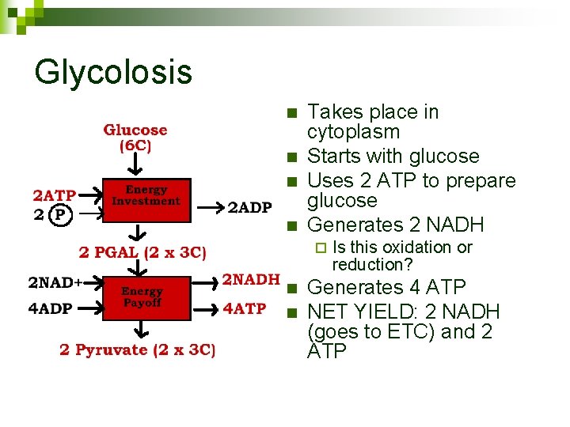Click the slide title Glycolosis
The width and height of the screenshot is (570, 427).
point(113,72)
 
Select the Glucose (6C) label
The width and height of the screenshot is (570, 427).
point(135,138)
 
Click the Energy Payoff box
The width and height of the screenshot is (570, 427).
point(142,297)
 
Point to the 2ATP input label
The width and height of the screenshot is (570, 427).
point(54,195)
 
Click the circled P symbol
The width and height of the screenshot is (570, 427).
point(58,213)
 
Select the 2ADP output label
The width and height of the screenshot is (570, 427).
point(249,208)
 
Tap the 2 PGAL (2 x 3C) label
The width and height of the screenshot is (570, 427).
point(143,253)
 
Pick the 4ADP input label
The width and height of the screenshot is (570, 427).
point(50,308)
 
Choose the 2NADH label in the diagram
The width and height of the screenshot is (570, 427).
point(250,279)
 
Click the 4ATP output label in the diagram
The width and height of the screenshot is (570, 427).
point(245,308)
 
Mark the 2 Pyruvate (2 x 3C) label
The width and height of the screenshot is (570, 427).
point(137,350)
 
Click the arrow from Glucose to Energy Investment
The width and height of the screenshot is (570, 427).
point(135,165)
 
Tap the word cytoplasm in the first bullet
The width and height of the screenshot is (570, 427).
point(353,132)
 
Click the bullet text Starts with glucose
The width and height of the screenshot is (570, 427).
point(393,157)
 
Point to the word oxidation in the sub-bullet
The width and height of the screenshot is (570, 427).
point(409,248)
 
